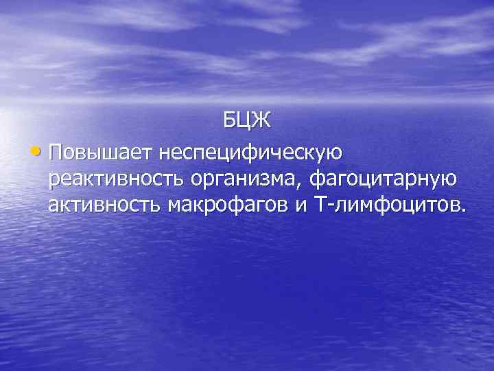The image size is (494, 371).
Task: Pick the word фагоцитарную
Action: [x=384, y=179]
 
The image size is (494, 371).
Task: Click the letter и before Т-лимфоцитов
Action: [x=300, y=208]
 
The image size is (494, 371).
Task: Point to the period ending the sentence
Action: [x=462, y=212]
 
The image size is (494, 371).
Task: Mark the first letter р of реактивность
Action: [x=54, y=181]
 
